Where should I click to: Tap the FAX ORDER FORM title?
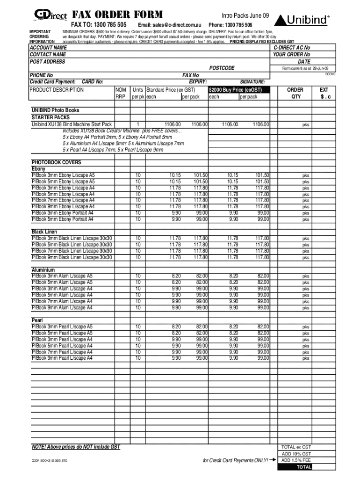point(117,15)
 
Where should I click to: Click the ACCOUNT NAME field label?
point(48,48)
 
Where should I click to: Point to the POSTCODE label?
point(222,68)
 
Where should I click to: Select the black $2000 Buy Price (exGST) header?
point(238,90)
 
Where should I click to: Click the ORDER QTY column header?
point(295,93)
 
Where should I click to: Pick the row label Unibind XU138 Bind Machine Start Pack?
point(72,124)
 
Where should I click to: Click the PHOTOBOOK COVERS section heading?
point(56,162)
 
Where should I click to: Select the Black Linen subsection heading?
point(44,232)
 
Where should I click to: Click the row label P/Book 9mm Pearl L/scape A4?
point(62,358)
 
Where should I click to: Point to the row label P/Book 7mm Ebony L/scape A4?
point(63,200)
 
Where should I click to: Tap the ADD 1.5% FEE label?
point(295,460)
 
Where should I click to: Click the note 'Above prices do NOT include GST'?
point(75,447)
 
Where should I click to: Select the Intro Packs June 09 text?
point(245,16)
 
